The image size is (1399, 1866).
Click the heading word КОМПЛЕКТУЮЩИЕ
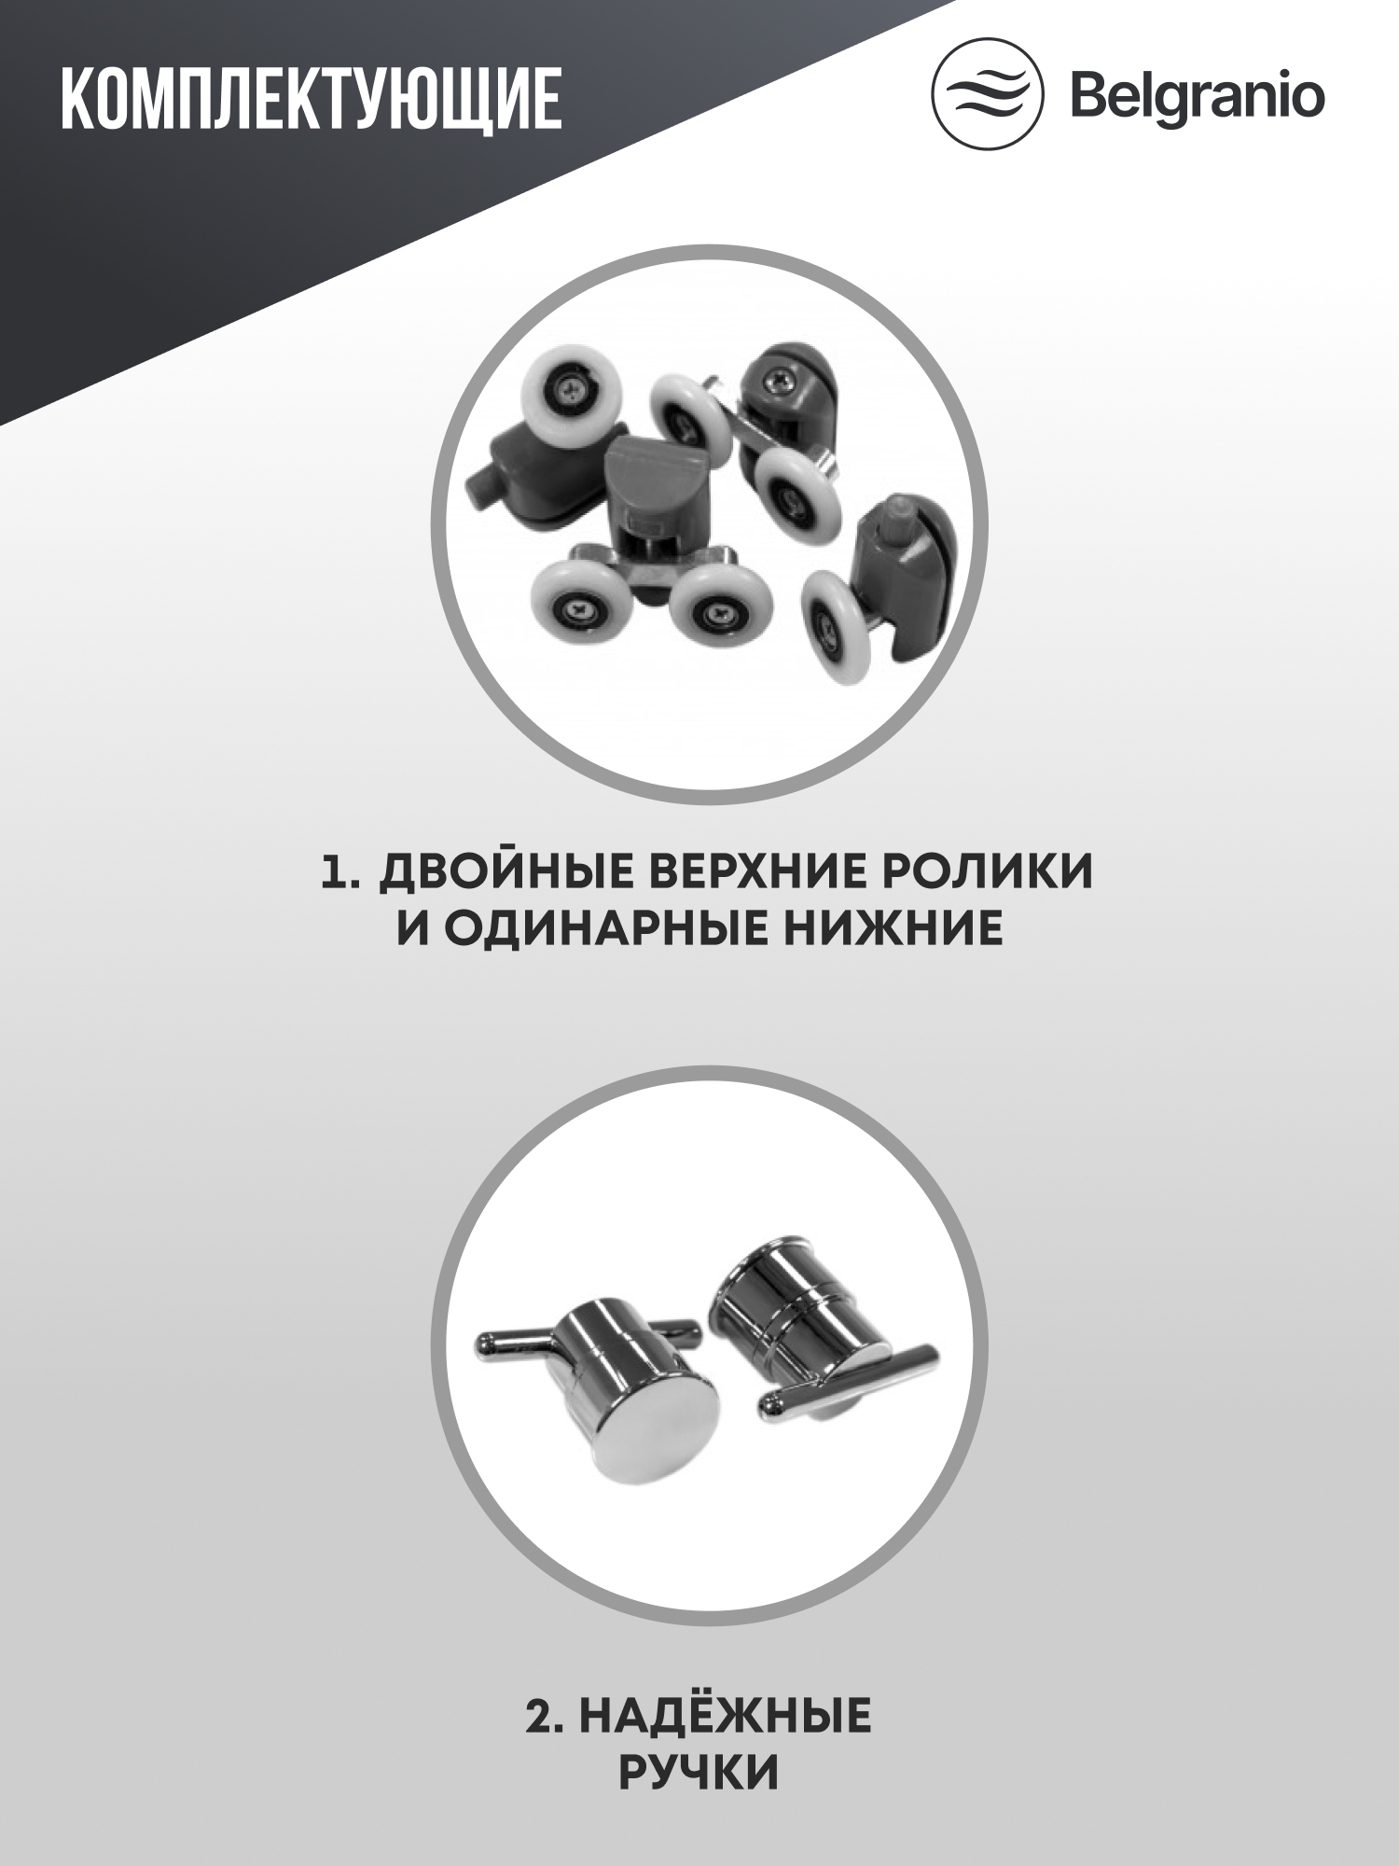point(311,98)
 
